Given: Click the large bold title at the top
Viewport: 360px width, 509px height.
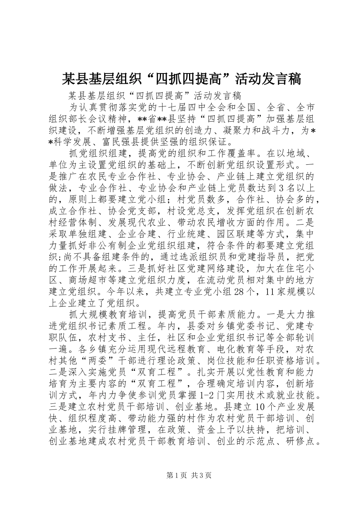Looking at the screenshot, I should coord(181,79).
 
